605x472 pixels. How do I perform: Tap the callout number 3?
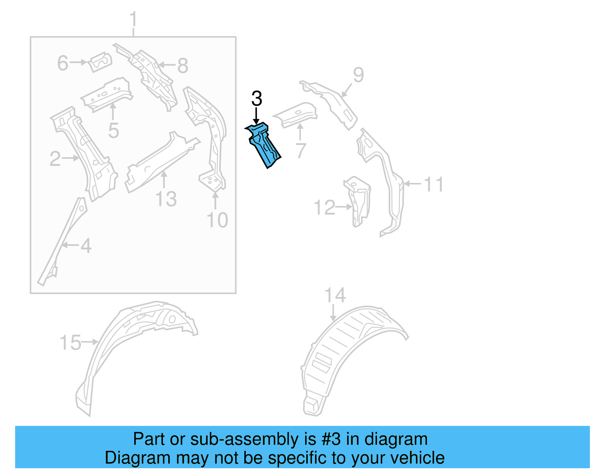pos(256,99)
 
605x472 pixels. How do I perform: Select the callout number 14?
pos(335,296)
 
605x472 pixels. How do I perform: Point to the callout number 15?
pos(70,343)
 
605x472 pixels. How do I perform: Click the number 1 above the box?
pos(133,20)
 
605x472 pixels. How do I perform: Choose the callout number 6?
pos(63,63)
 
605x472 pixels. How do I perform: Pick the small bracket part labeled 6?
pos(101,62)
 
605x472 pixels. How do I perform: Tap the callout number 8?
pos(183,66)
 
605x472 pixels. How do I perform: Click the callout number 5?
pos(113,131)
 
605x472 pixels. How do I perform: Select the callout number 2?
pos(55,159)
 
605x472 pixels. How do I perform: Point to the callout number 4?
pos(86,246)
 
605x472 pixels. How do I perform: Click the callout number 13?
pos(166,199)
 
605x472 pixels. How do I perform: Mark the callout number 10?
pos(217,220)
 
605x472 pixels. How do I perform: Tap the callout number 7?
pos(301,151)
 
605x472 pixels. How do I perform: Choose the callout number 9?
pos(358,75)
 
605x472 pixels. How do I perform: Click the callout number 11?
pos(433,185)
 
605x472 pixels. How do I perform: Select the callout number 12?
pos(324,208)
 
